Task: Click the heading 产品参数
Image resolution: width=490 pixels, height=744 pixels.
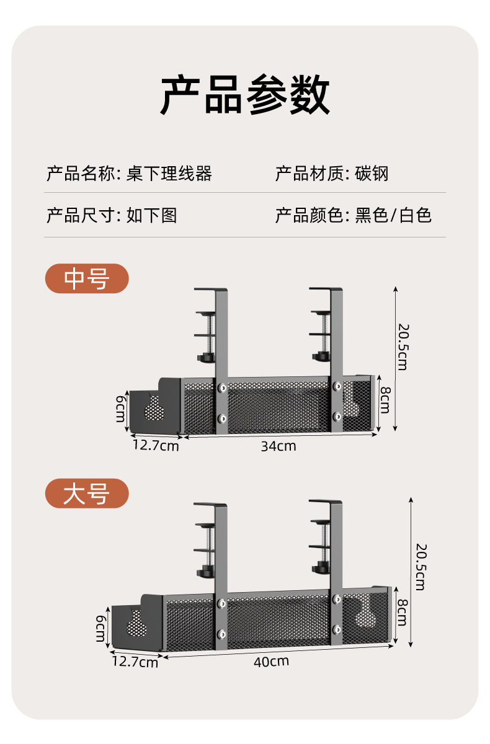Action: [x=245, y=95]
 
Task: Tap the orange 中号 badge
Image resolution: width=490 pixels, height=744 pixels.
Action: [x=87, y=279]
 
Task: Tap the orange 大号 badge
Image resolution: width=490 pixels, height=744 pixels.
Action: [x=87, y=494]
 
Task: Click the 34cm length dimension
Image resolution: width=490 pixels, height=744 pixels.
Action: [x=278, y=446]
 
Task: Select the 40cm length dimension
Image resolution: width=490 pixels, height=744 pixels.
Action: [x=271, y=661]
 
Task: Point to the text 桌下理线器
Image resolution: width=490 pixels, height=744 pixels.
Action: [x=169, y=174]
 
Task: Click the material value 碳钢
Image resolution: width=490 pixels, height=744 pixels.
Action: [x=372, y=174]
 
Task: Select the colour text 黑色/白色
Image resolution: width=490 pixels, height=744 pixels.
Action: [x=393, y=215]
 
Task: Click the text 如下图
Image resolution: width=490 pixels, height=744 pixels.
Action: [x=152, y=215]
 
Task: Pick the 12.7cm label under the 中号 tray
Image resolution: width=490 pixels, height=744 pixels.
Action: [x=155, y=445]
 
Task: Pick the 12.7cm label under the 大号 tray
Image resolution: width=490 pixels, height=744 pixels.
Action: [x=135, y=663]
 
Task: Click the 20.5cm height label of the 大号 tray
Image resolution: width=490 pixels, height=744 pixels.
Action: [x=421, y=566]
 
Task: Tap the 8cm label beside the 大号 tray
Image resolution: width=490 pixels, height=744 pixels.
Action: [x=401, y=612]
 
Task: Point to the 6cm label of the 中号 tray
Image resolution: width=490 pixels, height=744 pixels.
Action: [x=120, y=409]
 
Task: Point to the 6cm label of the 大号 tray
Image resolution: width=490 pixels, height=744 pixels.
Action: [x=101, y=629]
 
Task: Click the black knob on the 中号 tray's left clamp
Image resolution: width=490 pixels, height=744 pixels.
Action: [x=206, y=358]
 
